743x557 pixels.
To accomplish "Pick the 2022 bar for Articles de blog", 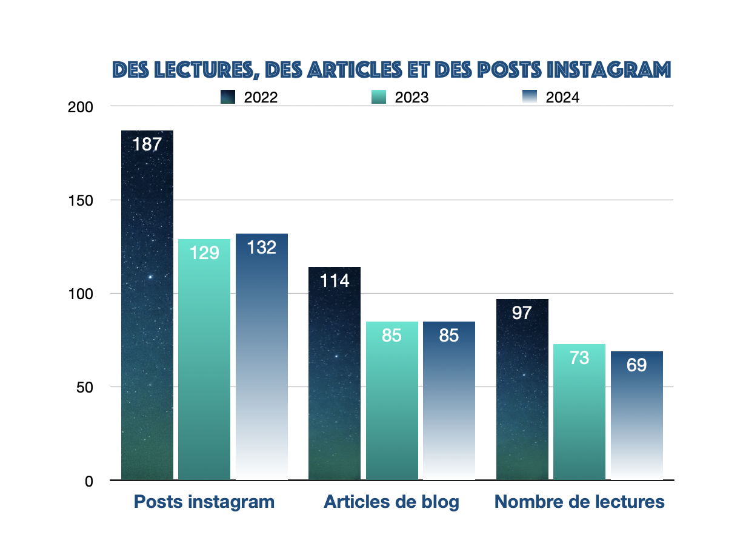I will [335, 373].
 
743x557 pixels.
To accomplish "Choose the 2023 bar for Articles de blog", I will [392, 400].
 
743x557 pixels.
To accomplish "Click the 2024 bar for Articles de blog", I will [449, 400].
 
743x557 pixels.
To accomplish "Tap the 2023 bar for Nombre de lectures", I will [579, 412].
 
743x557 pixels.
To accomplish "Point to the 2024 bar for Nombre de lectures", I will [637, 416].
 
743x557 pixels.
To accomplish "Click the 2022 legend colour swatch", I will [228, 97].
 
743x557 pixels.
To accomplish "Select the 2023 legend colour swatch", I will [379, 97].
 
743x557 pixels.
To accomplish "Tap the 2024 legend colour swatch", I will [529, 97].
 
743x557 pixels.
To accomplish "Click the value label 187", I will [147, 144].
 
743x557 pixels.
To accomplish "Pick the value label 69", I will [637, 365].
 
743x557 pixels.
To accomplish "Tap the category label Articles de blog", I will [391, 502].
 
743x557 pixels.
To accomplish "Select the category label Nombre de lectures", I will [579, 502].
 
